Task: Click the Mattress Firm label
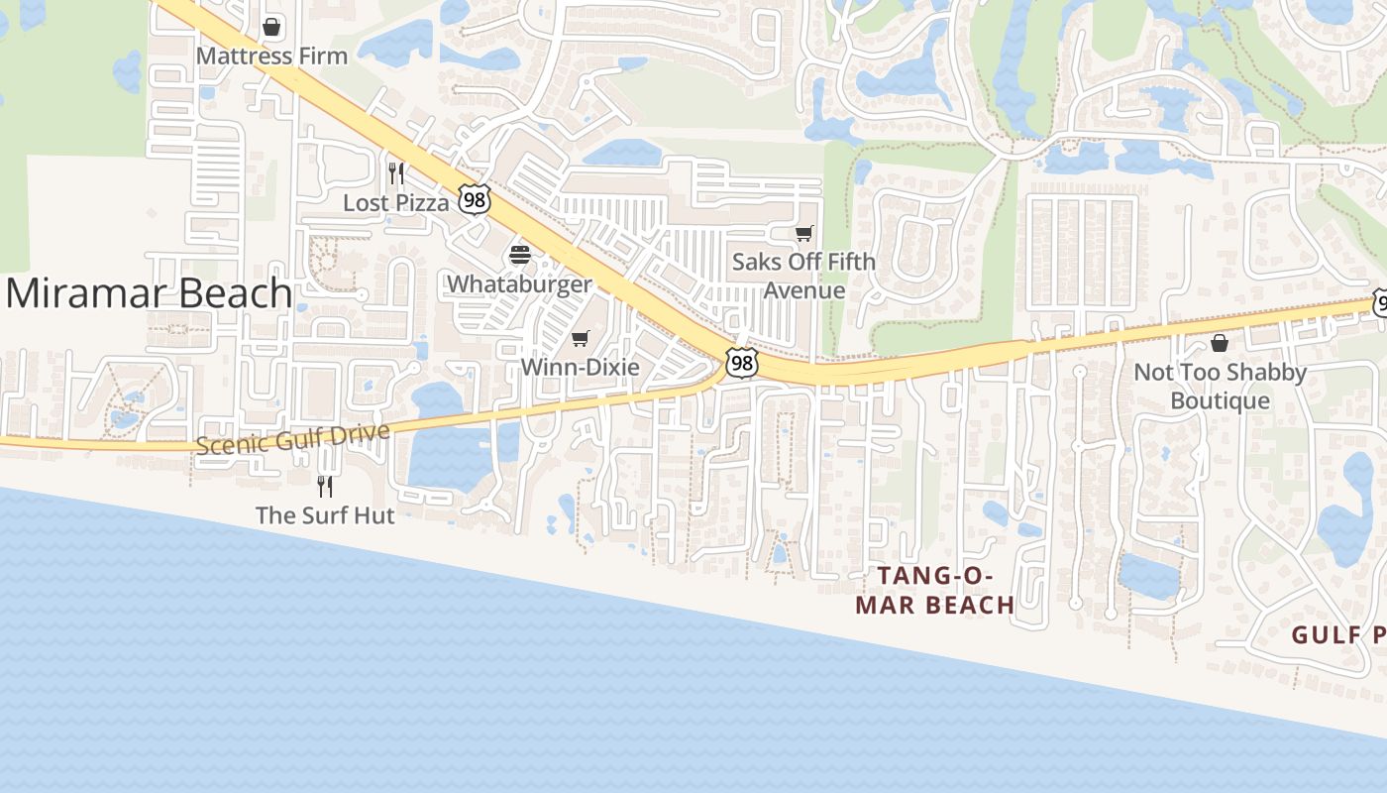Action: [271, 56]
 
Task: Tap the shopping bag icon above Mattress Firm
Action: [271, 27]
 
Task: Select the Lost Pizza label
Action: [395, 202]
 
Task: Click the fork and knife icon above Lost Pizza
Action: [395, 173]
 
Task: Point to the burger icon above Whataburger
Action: [520, 255]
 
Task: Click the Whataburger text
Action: [519, 283]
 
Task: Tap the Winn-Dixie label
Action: [580, 367]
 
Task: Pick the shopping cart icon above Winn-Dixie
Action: [581, 339]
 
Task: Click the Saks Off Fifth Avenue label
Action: [803, 276]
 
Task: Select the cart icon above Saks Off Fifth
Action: [804, 234]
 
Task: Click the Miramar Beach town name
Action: [150, 293]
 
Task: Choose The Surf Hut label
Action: [325, 515]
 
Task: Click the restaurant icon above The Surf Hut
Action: [324, 486]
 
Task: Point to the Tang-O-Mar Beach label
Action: [934, 591]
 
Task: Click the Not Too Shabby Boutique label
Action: [1220, 387]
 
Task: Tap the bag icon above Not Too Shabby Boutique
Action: [1220, 343]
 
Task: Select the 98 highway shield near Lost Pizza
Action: [475, 198]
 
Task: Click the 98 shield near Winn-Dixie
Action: [741, 363]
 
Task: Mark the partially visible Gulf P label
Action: [1337, 634]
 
